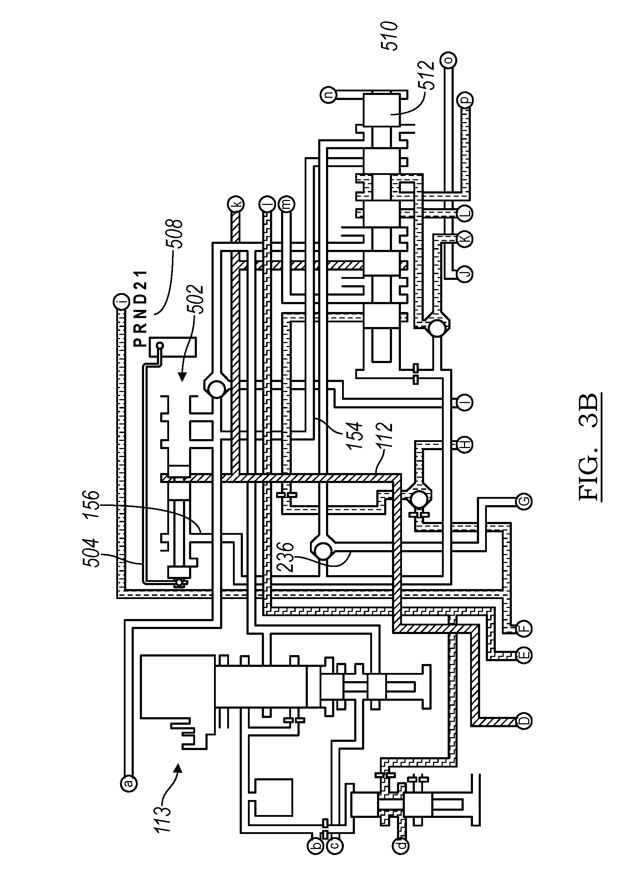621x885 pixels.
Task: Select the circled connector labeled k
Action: (x=235, y=203)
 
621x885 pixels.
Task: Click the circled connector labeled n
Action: (x=329, y=95)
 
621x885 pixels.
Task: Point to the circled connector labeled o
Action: (x=449, y=60)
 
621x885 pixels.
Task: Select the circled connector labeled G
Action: (x=524, y=502)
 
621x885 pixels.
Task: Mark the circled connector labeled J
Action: (x=465, y=274)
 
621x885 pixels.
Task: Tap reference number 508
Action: (x=175, y=234)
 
